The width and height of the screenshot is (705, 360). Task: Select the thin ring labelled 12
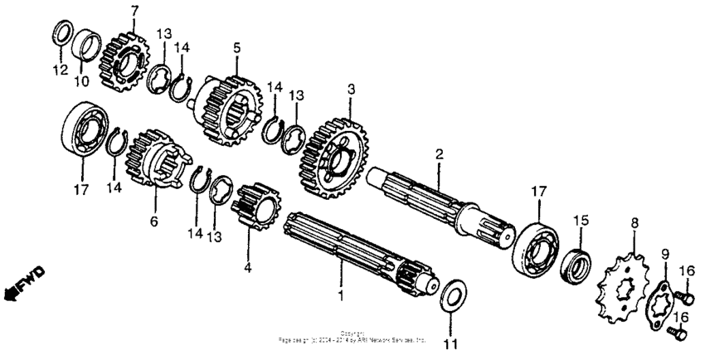pyautogui.click(x=61, y=34)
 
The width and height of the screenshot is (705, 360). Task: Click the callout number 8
pyautogui.click(x=634, y=222)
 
